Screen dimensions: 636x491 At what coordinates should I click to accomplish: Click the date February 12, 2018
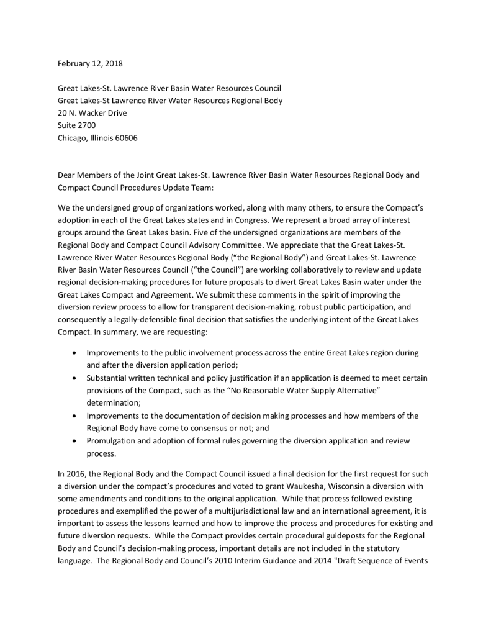coord(90,63)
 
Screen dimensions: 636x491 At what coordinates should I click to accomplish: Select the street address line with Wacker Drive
coord(92,113)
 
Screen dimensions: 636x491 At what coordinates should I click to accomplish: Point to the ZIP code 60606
coord(125,138)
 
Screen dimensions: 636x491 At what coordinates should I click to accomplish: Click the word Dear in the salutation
coord(67,175)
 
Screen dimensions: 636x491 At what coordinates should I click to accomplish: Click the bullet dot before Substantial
coord(75,378)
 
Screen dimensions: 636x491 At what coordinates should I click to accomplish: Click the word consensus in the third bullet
coord(220,428)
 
